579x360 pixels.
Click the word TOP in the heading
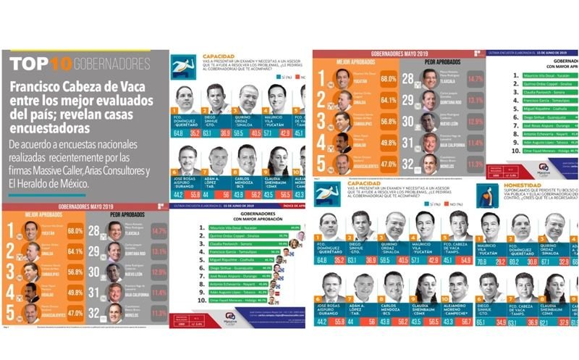(31, 63)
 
